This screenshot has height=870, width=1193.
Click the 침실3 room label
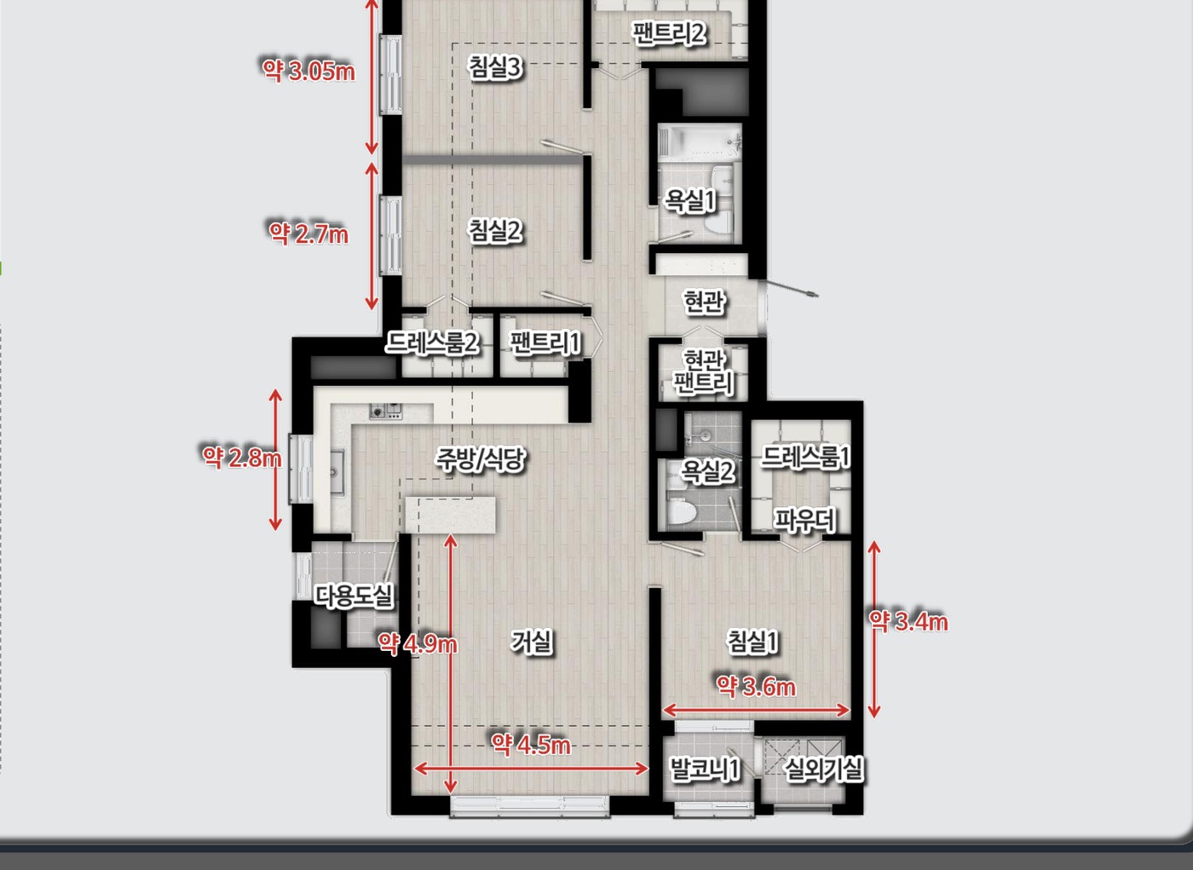tap(495, 67)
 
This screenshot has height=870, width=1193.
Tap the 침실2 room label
tap(495, 231)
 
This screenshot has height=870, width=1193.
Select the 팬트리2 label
tap(670, 33)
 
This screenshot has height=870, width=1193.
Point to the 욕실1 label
tap(689, 201)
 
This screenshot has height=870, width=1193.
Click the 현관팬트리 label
tap(704, 372)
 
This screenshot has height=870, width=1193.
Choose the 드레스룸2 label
tap(431, 343)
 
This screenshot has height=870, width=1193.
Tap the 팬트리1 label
tap(545, 343)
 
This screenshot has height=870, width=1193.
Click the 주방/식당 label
tap(481, 459)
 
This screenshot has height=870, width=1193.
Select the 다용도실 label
tap(354, 596)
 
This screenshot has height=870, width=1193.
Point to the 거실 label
tap(532, 642)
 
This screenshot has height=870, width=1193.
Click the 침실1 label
tap(752, 642)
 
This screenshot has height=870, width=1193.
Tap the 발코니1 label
tap(704, 769)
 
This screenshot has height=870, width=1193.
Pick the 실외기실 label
tap(824, 769)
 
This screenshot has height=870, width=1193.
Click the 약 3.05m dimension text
tap(308, 70)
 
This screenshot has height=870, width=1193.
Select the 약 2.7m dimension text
tap(308, 233)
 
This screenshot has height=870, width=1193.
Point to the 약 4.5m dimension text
tap(530, 744)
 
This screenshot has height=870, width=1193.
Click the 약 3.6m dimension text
tap(757, 687)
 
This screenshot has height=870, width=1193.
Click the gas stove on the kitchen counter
tap(385, 412)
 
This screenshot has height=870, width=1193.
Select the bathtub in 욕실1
tap(700, 141)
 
